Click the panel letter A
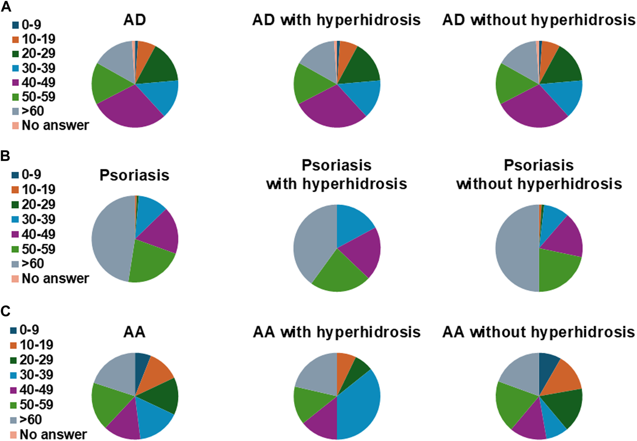[x=6, y=6]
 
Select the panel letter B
[x=5, y=156]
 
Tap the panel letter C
[x=5, y=311]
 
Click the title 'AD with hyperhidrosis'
[x=336, y=20]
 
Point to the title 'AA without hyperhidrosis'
[x=539, y=332]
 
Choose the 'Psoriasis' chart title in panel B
[x=134, y=175]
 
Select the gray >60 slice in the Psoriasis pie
[x=110, y=238]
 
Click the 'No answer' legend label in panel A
[x=55, y=126]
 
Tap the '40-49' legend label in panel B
[x=38, y=234]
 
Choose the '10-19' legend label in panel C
[x=36, y=345]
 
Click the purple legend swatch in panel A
[x=15, y=83]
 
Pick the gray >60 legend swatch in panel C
[x=13, y=420]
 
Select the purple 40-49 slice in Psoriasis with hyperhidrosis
[x=363, y=252]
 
